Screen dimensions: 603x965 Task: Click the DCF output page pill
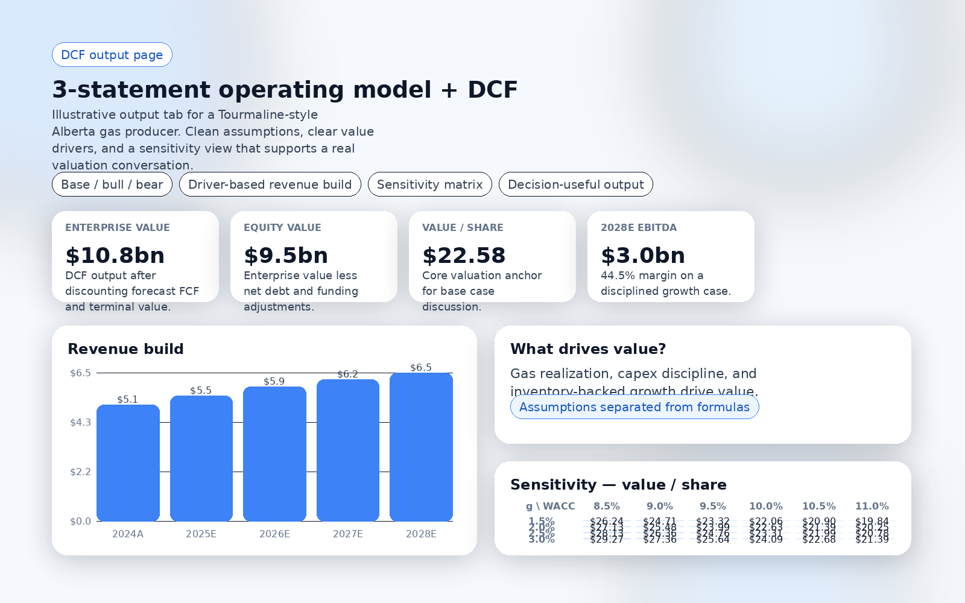[112, 55]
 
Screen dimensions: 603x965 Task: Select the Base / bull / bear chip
[112, 185]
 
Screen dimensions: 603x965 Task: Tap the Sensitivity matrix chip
[429, 185]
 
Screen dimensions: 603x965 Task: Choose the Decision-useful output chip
[575, 185]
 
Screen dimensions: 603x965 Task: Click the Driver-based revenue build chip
[270, 185]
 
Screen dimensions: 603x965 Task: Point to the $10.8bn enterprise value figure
[115, 256]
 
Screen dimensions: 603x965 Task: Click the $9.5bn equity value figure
[286, 256]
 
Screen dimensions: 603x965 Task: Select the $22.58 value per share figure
[464, 256]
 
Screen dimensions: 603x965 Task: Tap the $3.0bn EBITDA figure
[643, 256]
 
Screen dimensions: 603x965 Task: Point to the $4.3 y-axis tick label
[80, 422]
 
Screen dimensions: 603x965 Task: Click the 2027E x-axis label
[348, 534]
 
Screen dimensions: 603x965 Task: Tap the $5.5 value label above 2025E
[201, 390]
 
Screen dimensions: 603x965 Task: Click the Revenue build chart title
[125, 349]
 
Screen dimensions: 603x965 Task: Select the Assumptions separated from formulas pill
[634, 407]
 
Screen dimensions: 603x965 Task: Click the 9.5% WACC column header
[713, 506]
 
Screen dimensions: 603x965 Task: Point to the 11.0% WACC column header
[872, 506]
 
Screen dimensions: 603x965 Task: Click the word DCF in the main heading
[492, 90]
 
